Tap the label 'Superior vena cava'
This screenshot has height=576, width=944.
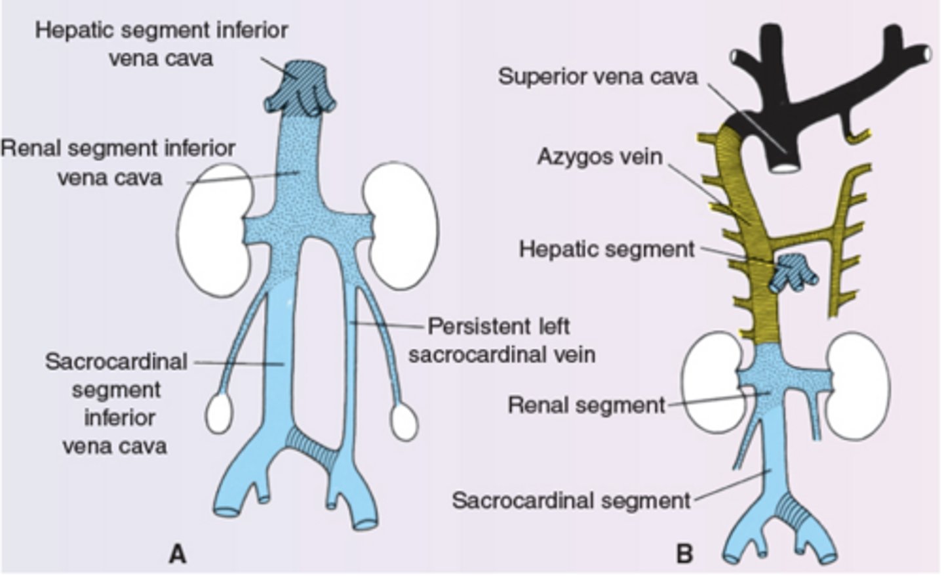597,76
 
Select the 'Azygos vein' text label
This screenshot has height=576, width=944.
599,157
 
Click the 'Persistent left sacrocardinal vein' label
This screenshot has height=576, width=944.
501,340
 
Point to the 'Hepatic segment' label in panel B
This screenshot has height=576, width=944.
606,249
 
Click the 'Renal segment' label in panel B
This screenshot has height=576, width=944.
586,405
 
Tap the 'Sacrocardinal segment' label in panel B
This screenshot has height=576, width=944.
571,501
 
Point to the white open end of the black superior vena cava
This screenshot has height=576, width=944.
783,168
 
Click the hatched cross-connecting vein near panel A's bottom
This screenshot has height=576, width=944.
312,446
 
